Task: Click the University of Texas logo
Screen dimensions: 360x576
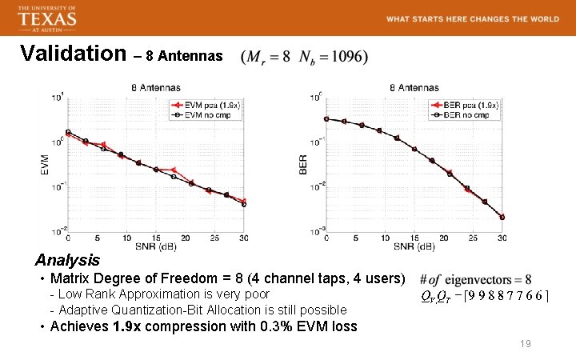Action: [47, 18]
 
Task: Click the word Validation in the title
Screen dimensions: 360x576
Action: [73, 54]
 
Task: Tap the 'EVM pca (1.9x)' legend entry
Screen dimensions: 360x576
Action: [204, 105]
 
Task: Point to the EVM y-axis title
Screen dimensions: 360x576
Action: [45, 164]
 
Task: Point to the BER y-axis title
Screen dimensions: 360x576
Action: [303, 164]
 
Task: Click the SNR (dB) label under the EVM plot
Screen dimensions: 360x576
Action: [155, 246]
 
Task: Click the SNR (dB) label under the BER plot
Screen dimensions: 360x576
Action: [414, 246]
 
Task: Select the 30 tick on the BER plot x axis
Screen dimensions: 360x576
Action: [502, 238]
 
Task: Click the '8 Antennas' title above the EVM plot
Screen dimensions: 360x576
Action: [155, 87]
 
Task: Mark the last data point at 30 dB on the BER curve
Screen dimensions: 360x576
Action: [502, 217]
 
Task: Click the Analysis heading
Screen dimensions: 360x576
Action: [67, 261]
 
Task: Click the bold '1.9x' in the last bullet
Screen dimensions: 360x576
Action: [128, 326]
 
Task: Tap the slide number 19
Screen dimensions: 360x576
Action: [526, 343]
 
